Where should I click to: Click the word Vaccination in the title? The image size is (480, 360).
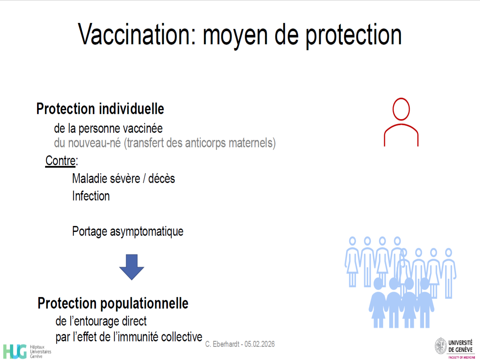coord(137,34)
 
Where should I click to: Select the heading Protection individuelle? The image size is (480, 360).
coord(100,108)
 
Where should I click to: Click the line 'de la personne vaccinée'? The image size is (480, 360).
coord(108,129)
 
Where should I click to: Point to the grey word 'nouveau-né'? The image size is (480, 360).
coord(94,143)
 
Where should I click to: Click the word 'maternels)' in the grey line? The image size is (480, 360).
coord(252,143)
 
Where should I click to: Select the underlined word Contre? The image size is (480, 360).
coord(60,161)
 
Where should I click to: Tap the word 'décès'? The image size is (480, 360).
coord(162,179)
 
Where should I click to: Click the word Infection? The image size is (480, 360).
coord(91,196)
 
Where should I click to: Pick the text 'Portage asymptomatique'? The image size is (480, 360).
coord(128,231)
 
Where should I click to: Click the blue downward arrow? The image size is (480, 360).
coord(132,267)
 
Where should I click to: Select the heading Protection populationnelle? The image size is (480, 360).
coord(113,303)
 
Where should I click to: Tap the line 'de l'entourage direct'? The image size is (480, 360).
coord(101,321)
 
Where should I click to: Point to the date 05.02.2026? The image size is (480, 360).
coord(260,344)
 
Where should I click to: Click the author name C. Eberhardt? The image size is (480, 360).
coord(222,344)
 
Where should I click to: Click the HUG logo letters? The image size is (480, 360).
coord(15,351)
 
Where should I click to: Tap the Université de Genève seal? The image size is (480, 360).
coord(441,346)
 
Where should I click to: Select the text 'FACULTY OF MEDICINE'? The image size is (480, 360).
coord(462,357)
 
